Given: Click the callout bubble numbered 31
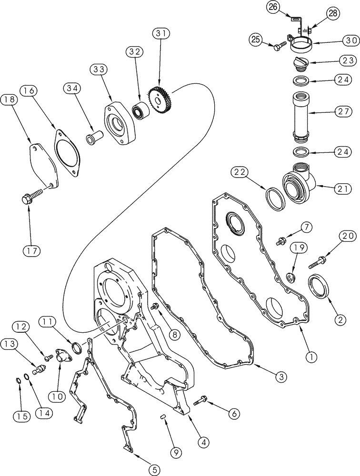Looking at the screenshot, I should (160, 34).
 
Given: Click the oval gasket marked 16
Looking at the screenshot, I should (67, 149).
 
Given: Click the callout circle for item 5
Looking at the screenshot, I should (153, 469).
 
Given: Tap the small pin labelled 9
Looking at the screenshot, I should (163, 417).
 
